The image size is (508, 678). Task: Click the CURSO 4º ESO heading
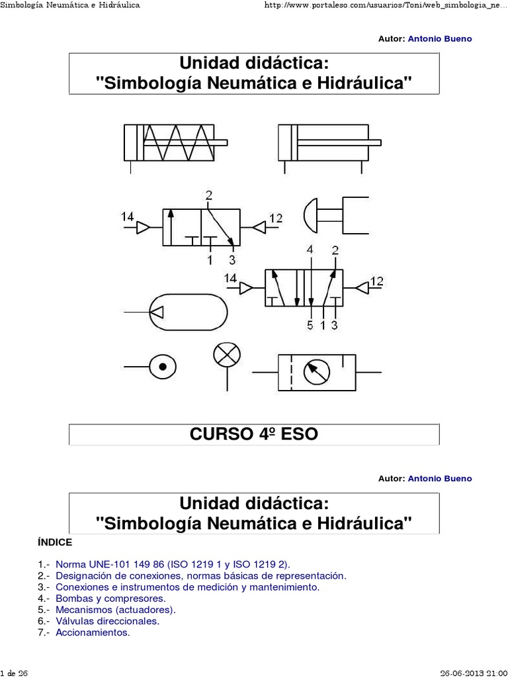(x=254, y=434)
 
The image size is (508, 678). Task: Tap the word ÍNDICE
(x=56, y=542)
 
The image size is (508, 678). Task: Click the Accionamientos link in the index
(x=93, y=632)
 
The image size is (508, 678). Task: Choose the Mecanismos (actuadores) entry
(x=116, y=609)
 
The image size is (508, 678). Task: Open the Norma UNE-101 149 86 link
(x=173, y=564)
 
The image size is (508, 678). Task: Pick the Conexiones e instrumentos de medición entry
(x=188, y=587)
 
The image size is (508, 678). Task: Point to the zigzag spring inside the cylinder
(x=171, y=142)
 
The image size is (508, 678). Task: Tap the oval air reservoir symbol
(x=189, y=312)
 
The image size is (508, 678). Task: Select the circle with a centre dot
(x=163, y=365)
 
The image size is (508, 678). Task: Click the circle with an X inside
(x=227, y=356)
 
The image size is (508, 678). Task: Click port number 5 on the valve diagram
(x=310, y=325)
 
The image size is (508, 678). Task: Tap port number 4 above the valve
(x=310, y=250)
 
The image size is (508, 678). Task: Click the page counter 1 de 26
(x=14, y=673)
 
